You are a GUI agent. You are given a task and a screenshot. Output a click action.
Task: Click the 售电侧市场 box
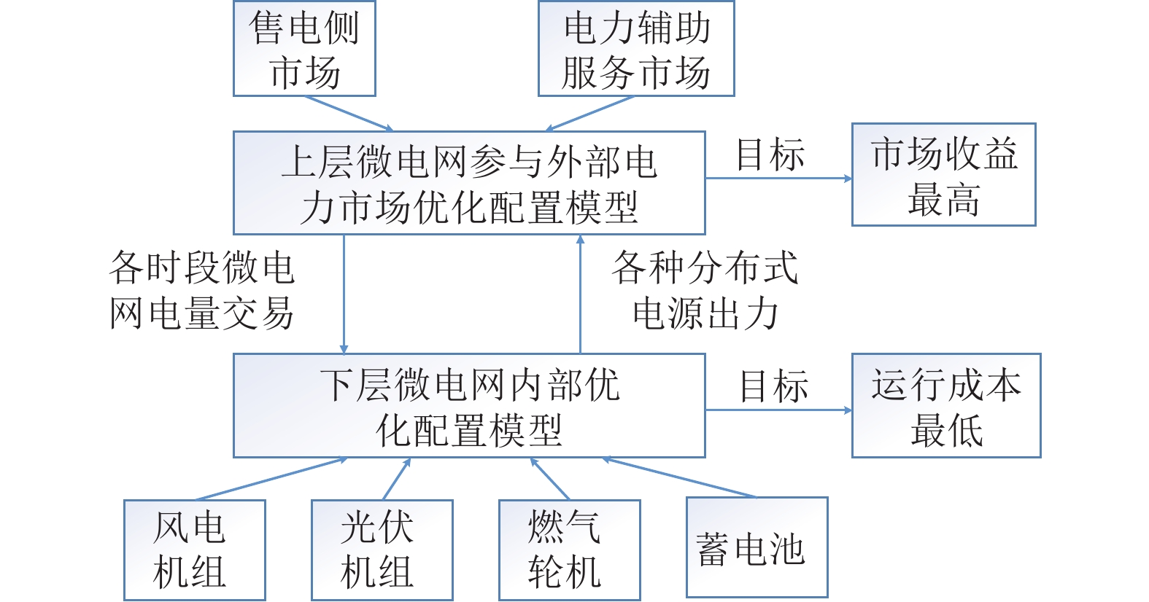pos(304,48)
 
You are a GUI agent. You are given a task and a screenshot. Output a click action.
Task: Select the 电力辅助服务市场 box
pos(636,48)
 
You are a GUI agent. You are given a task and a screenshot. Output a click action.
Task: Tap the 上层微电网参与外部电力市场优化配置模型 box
pos(469,183)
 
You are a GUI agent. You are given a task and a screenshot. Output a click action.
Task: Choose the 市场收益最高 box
pos(944,174)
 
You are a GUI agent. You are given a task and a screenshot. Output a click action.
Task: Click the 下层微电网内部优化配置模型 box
pos(469,405)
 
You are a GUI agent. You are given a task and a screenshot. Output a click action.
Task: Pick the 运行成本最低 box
pos(946,405)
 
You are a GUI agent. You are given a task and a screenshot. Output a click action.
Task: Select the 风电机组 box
pos(194,550)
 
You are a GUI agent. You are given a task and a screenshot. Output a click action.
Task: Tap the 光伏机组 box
pos(382,550)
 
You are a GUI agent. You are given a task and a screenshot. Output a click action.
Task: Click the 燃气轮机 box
pos(569,550)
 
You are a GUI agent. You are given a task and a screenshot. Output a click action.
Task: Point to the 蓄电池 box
pos(757,547)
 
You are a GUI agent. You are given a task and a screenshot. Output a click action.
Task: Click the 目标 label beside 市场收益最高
pos(770,155)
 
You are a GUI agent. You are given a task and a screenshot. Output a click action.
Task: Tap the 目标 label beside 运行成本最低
pos(773,386)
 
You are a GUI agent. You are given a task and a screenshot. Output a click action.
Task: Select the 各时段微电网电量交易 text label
pos(201,290)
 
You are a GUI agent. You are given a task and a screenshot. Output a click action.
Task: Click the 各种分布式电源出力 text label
pos(705,290)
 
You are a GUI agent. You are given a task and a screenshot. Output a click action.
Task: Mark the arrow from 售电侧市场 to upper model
pos(349,114)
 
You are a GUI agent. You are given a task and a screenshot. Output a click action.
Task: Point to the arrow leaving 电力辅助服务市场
pos(589,114)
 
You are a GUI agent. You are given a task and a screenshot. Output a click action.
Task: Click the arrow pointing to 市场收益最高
pos(778,179)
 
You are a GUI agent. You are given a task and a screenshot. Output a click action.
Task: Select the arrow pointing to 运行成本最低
pos(778,410)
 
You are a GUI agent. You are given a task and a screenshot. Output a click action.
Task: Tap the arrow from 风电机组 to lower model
pos(271,479)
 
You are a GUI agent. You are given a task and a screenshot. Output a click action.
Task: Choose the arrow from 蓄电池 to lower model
pos(679,477)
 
